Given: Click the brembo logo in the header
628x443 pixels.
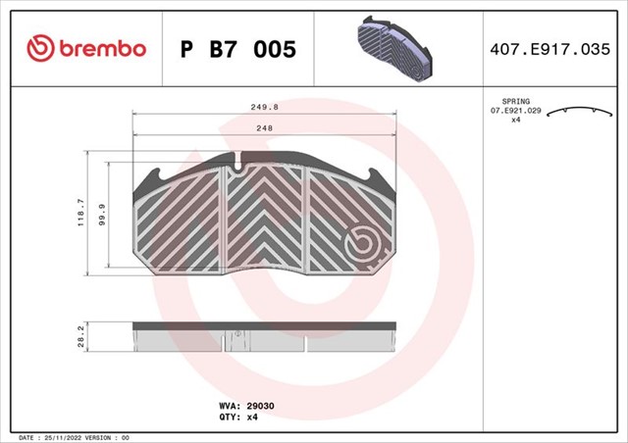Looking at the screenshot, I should (87, 48).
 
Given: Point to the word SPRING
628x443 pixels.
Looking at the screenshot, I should (516, 102).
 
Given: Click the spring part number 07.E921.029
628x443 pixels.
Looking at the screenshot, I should (516, 113).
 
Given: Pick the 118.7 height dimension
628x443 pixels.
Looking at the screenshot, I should (81, 213).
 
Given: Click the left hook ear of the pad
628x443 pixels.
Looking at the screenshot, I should (153, 177).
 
